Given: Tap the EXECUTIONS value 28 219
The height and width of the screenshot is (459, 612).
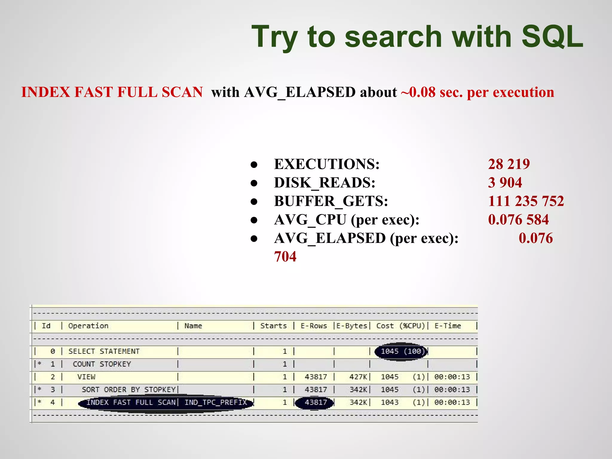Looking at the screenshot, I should [x=509, y=164].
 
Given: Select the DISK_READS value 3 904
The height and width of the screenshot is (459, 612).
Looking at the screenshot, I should [x=505, y=183].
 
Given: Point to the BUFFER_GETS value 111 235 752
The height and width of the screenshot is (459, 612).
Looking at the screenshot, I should [x=526, y=201].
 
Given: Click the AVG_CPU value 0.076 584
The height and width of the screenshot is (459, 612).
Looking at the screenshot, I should [x=518, y=220].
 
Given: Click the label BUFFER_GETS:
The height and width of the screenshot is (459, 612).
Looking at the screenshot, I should [x=331, y=201].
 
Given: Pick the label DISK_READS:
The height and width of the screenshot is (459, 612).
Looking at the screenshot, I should [x=325, y=183].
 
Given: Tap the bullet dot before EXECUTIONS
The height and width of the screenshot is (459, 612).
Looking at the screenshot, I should [x=254, y=165].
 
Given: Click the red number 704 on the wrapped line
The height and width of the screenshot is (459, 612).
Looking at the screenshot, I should [x=285, y=257].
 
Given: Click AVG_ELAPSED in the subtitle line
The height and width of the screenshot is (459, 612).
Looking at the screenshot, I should [x=300, y=92].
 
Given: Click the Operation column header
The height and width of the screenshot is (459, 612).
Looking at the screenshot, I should [x=88, y=326].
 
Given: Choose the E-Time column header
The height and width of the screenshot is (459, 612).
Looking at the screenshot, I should [x=447, y=326].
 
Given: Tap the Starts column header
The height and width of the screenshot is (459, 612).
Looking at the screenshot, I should [x=273, y=326].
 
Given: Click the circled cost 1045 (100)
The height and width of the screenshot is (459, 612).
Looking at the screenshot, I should [x=402, y=351].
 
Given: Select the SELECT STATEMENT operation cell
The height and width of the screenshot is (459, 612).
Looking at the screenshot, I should [x=104, y=351].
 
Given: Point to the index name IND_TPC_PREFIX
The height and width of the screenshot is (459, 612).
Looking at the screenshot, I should [x=215, y=403].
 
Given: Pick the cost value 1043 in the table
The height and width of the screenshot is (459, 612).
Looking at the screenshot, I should [x=389, y=403].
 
